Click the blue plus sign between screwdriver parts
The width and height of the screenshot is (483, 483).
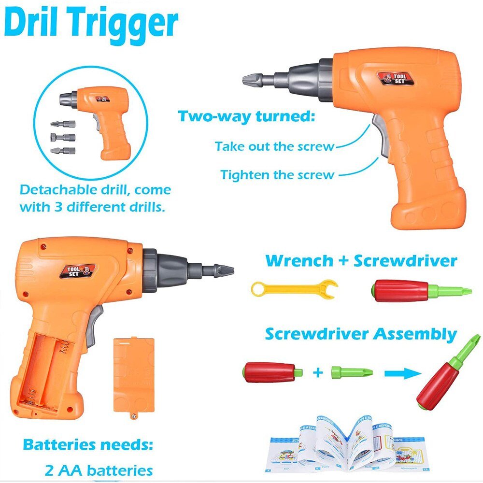[x=317, y=373]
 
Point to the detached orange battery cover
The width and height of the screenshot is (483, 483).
[x=134, y=374]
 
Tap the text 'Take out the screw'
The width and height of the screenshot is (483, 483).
[x=274, y=146]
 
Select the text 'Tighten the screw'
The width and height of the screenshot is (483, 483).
[x=277, y=174]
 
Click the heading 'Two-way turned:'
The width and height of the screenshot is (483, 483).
[x=246, y=116]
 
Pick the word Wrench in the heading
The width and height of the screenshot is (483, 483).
[x=299, y=261]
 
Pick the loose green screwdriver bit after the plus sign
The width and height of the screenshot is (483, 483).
[x=352, y=372]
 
